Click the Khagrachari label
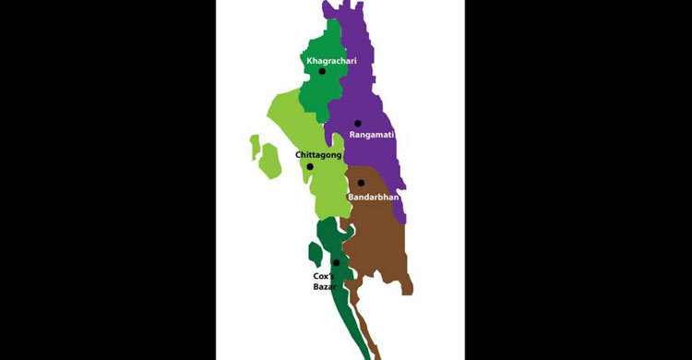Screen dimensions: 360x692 coord(331,61)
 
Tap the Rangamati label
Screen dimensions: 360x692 coord(372,135)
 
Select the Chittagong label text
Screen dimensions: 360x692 coord(318,155)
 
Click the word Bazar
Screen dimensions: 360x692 coord(323,287)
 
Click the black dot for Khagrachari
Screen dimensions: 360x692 coord(322,71)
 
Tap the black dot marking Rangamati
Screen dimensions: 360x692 coord(358,123)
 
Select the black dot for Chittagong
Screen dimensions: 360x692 coord(310,167)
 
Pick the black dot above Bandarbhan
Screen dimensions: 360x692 coord(361,183)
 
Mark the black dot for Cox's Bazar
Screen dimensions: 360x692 coord(336,263)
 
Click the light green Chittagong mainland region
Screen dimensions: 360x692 coord(291,125)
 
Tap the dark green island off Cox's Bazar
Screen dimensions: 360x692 coord(316,253)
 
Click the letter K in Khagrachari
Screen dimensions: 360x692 coord(309,61)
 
